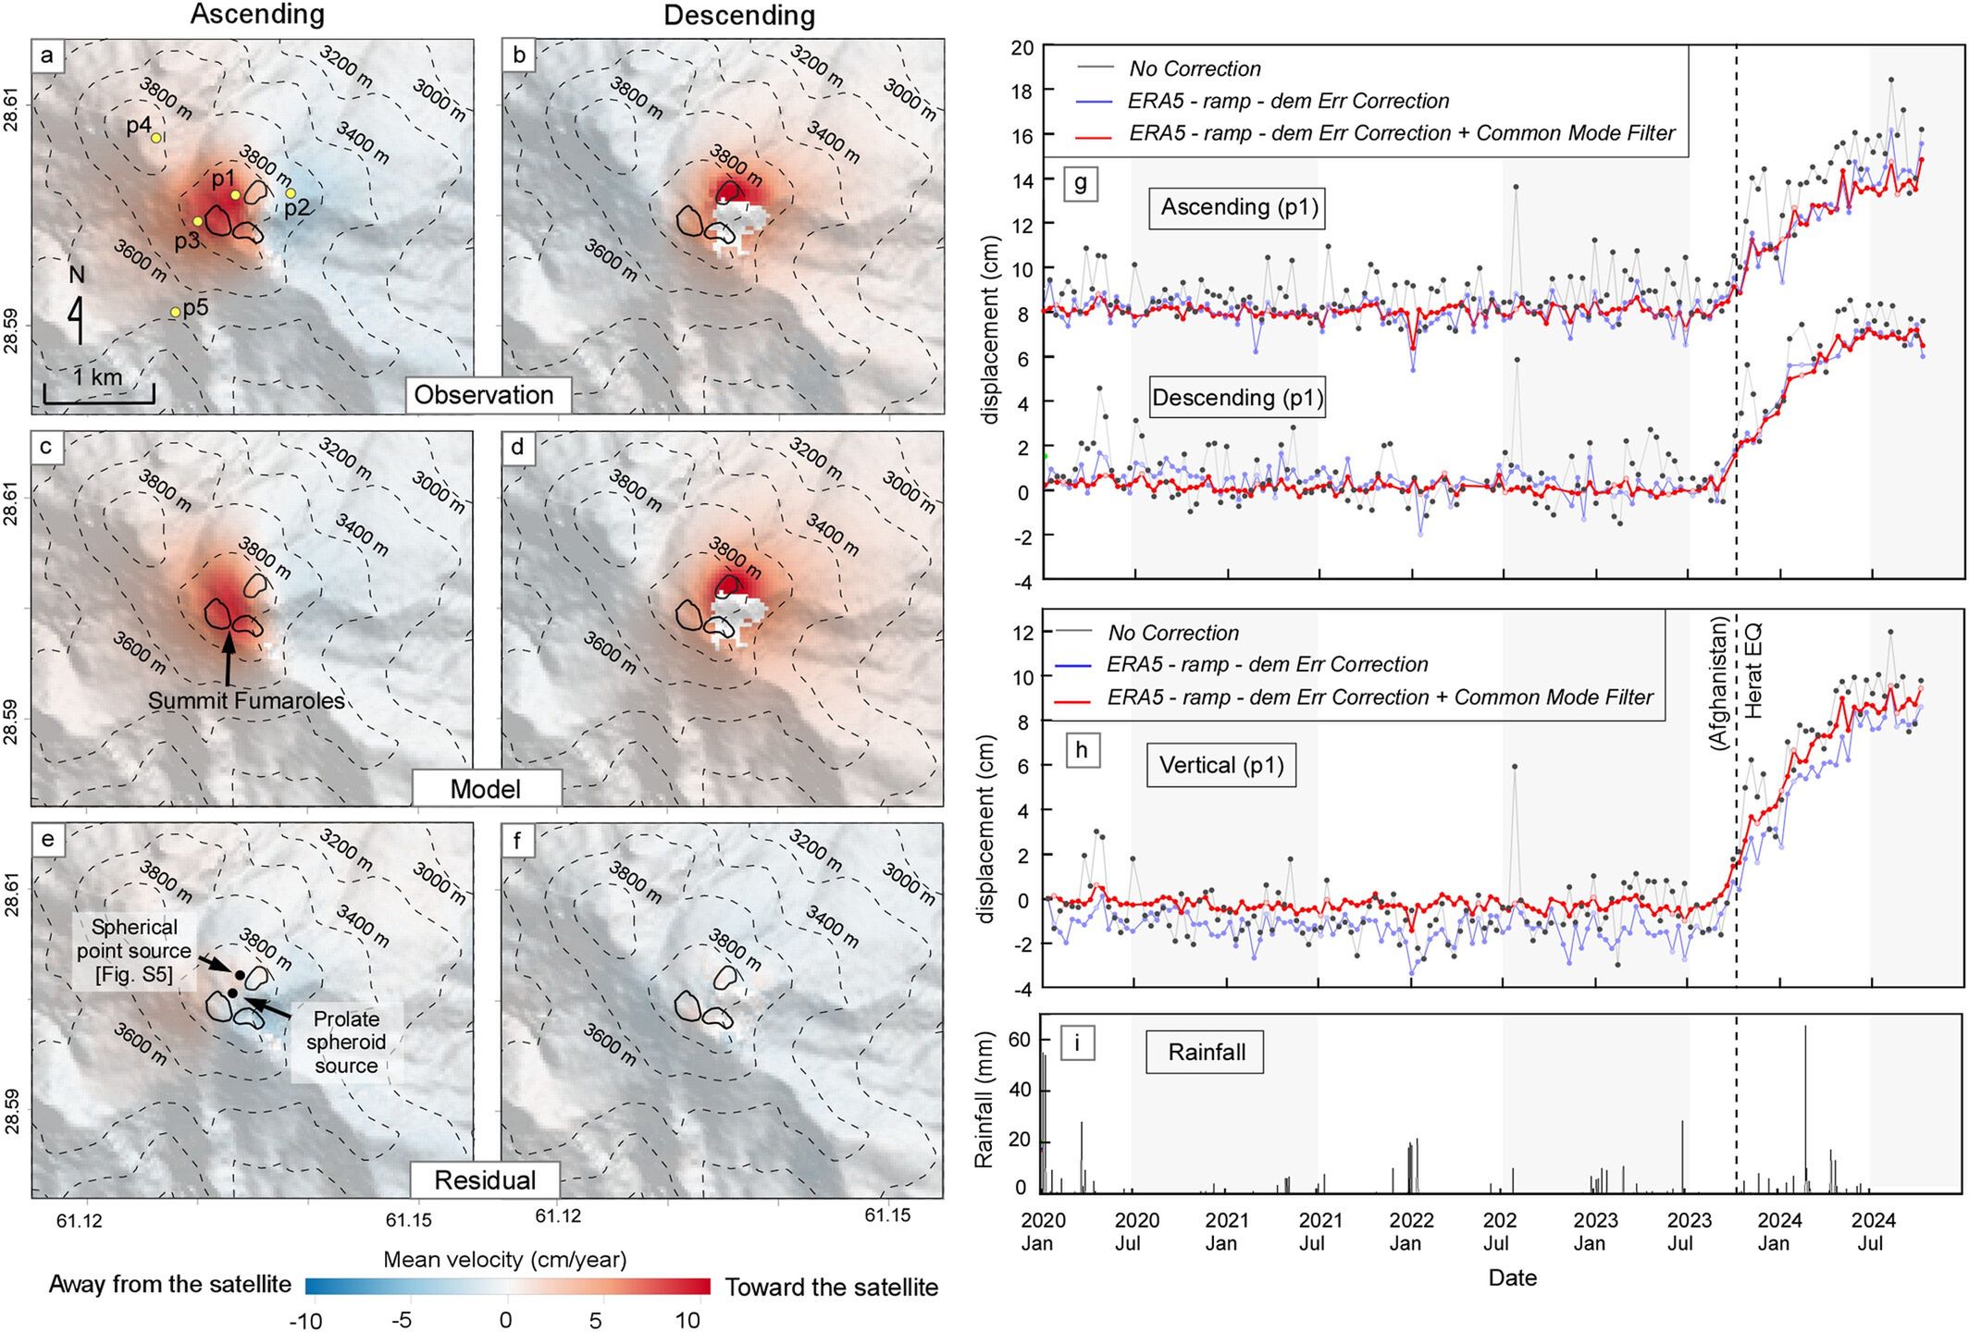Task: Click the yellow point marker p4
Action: coord(156,137)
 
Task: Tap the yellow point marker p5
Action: coord(175,313)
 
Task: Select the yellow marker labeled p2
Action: coord(291,193)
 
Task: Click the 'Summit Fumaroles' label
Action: coord(246,700)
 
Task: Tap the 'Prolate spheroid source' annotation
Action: coord(346,1042)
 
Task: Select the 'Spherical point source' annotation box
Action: coord(134,949)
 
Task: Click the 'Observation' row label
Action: coord(483,395)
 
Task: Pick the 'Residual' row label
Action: coord(485,1180)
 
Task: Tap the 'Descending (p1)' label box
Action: coord(1237,398)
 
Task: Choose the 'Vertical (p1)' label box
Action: coord(1221,765)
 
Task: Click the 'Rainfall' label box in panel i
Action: coord(1207,1052)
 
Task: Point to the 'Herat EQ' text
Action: coord(1752,672)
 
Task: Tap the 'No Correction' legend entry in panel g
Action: coord(1195,68)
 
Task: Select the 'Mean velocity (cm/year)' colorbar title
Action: coord(505,1259)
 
